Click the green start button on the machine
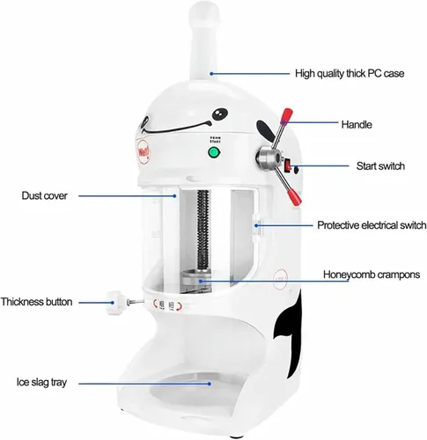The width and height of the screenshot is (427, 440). [214, 152]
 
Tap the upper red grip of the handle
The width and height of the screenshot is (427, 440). [286, 116]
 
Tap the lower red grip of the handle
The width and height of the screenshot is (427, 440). [295, 198]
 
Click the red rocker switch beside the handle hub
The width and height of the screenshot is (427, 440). [289, 165]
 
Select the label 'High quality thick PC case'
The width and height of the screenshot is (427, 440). [350, 73]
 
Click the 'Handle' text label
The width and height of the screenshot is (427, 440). [357, 125]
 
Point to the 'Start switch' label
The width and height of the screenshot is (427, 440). [380, 166]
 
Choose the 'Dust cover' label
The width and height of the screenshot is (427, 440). [44, 195]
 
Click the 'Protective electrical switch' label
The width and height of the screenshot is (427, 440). [372, 225]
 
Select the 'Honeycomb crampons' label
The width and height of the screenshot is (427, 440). [372, 275]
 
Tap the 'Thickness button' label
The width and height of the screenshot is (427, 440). [37, 302]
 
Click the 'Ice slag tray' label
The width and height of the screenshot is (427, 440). [41, 383]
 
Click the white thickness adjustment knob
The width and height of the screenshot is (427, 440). [115, 303]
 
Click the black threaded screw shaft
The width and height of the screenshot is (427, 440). [203, 230]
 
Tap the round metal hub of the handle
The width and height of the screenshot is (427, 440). [269, 159]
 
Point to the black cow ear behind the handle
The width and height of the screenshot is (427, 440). [265, 131]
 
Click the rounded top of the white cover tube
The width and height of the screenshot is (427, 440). [204, 14]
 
